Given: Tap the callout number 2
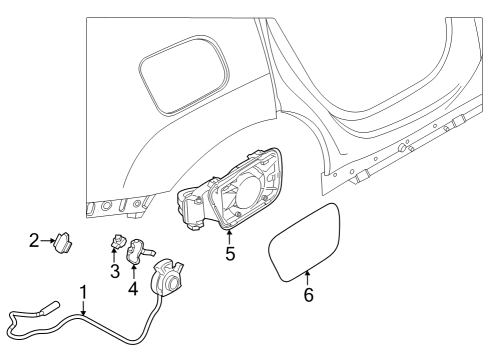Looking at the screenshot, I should pyautogui.click(x=34, y=241).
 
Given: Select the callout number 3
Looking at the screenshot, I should pyautogui.click(x=115, y=271).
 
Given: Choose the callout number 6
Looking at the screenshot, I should pyautogui.click(x=308, y=296).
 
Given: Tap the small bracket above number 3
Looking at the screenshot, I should pyautogui.click(x=116, y=243).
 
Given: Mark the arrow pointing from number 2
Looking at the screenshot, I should pyautogui.click(x=48, y=241).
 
